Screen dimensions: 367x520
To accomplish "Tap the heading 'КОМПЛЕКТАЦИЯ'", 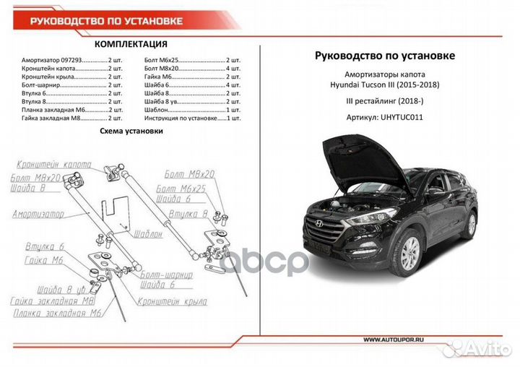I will tap(131, 45).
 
